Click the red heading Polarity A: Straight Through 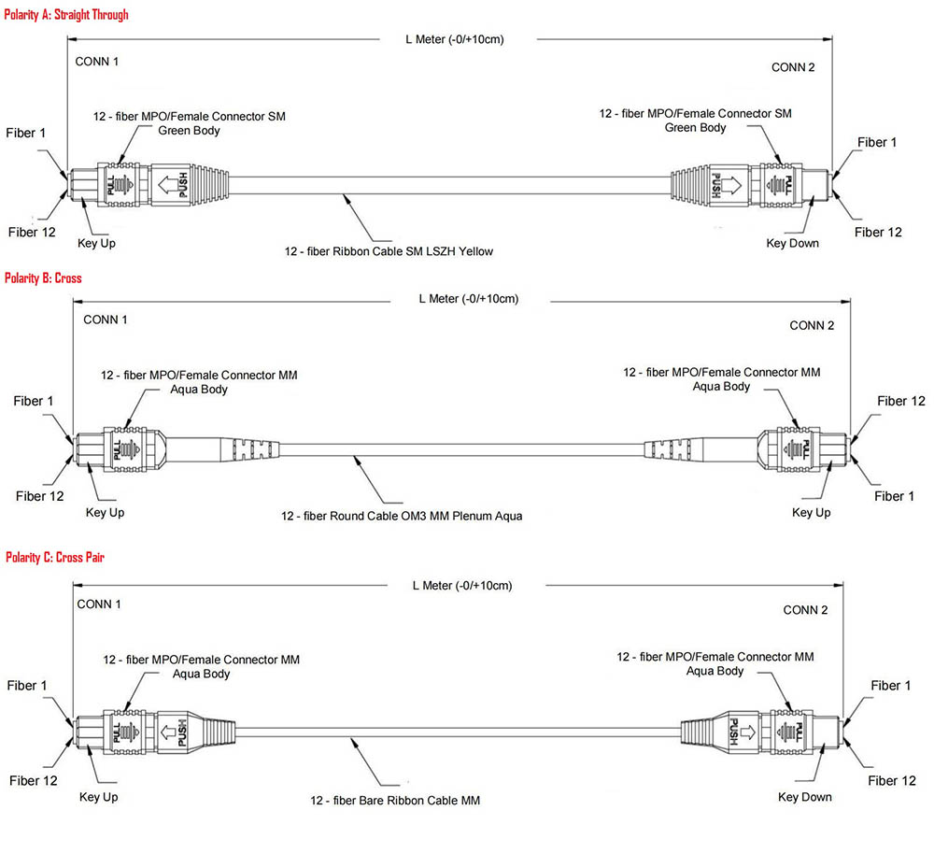pyautogui.click(x=66, y=15)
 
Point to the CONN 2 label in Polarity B pyautogui.click(x=811, y=325)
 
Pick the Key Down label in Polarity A pyautogui.click(x=792, y=243)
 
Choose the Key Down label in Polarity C pyautogui.click(x=804, y=797)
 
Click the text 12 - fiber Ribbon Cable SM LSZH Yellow pyautogui.click(x=389, y=250)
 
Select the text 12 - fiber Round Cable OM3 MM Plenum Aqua pyautogui.click(x=402, y=516)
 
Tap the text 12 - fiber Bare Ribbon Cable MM pyautogui.click(x=395, y=800)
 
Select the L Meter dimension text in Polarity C pyautogui.click(x=462, y=585)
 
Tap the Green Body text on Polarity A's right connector pyautogui.click(x=695, y=127)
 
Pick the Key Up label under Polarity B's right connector pyautogui.click(x=811, y=512)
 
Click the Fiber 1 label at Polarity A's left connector pyautogui.click(x=27, y=133)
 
